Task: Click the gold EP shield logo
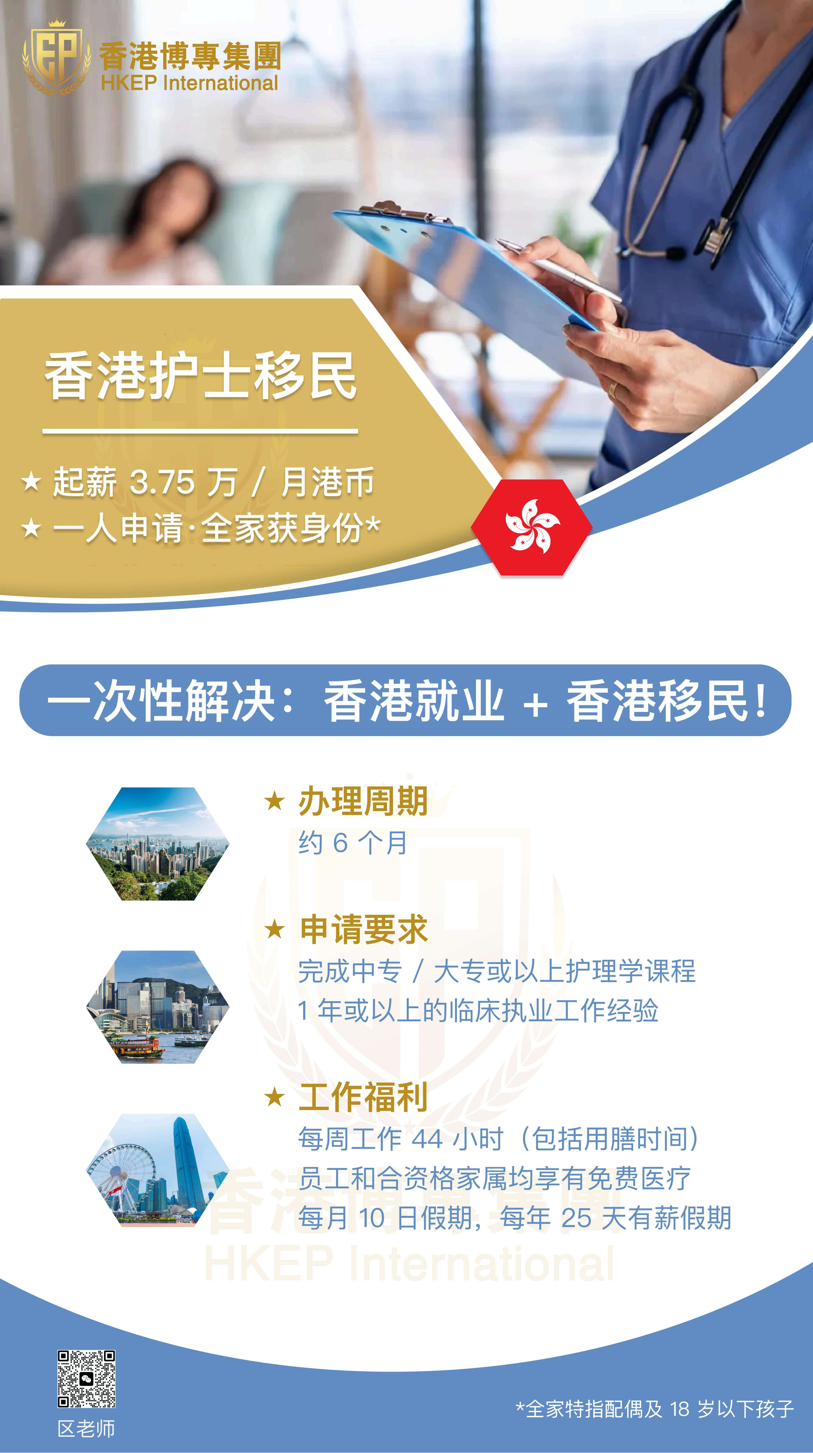[56, 56]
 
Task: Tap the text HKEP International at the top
[189, 83]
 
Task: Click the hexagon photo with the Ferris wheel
[158, 1170]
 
